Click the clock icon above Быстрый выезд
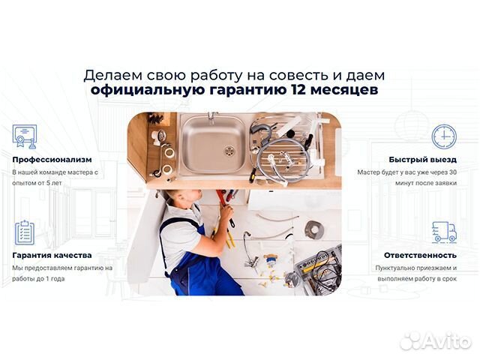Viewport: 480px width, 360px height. (x=443, y=136)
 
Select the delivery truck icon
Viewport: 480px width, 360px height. (x=443, y=232)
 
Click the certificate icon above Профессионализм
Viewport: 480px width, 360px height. (x=24, y=136)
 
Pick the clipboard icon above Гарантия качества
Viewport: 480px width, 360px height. (x=24, y=232)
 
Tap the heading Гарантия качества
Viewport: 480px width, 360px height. (x=52, y=255)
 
